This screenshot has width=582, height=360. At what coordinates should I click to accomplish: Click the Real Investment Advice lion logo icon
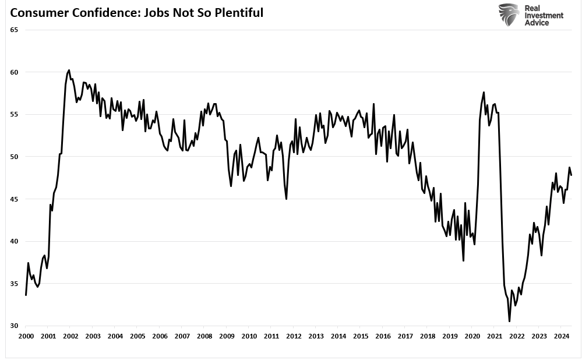508,15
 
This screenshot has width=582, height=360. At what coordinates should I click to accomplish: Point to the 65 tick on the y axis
14,30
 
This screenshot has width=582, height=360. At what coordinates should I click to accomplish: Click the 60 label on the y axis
14,72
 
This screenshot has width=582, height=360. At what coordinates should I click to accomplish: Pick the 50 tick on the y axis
14,157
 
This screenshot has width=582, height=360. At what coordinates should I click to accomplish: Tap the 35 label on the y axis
14,284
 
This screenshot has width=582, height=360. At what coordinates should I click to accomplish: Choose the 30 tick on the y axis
14,326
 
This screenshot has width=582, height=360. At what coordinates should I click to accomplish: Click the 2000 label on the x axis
26,336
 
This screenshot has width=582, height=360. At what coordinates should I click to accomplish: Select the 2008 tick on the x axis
204,336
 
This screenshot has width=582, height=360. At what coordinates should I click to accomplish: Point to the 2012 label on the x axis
294,336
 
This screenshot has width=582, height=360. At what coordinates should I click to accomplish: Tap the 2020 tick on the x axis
472,336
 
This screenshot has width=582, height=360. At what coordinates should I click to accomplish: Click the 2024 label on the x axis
561,336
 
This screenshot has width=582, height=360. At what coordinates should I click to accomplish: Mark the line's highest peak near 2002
69,70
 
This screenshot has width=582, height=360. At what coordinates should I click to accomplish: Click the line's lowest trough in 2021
509,321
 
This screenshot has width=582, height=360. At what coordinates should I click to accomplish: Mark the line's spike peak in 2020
484,92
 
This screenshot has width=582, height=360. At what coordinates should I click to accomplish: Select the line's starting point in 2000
26,295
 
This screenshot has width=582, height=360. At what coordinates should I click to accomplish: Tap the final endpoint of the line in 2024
572,175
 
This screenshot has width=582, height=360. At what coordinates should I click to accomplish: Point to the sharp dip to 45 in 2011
286,199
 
